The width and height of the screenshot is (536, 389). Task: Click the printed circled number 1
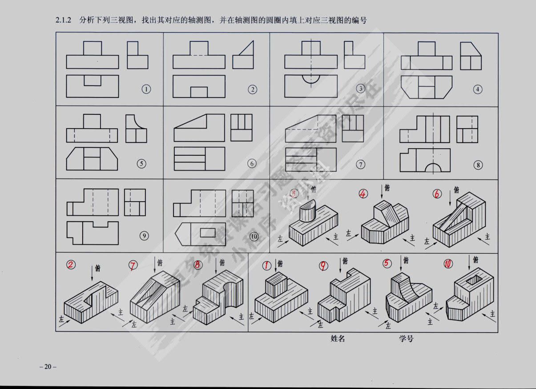click(145, 89)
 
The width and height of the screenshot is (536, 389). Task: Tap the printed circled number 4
click(478, 89)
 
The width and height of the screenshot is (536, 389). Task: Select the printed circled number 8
click(478, 165)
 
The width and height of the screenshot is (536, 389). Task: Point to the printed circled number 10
click(254, 236)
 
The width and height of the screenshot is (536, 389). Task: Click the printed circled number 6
click(252, 164)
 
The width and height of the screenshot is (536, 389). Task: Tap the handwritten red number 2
click(70, 265)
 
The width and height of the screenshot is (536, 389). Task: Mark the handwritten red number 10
click(448, 264)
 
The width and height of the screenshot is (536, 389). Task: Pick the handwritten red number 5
click(387, 263)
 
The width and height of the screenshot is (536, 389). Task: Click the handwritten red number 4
click(363, 194)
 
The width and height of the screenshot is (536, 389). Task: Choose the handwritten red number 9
click(324, 266)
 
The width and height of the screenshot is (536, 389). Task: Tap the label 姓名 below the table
click(338, 339)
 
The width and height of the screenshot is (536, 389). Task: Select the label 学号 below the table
click(406, 339)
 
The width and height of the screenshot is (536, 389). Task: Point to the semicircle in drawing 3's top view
click(310, 78)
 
